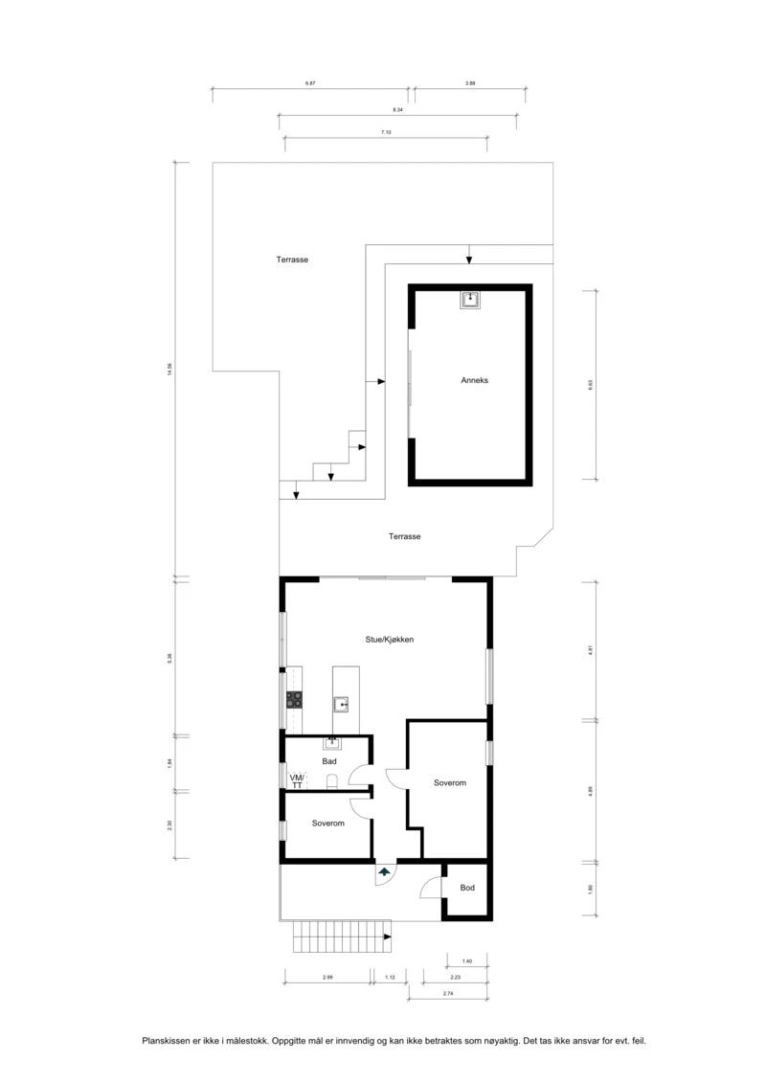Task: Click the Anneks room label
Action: (x=475, y=380)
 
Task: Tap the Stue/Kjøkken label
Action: (x=389, y=640)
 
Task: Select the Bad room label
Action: (x=329, y=761)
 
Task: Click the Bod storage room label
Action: (x=467, y=888)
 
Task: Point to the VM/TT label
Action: (x=297, y=779)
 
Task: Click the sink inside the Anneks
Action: (x=470, y=301)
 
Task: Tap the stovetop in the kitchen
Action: (x=295, y=700)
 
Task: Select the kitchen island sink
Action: (x=341, y=706)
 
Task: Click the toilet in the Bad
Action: (x=332, y=781)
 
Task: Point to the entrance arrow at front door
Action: (x=384, y=872)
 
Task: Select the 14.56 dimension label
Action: (x=169, y=369)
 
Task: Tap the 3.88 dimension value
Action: (x=470, y=84)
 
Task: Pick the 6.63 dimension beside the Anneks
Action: (x=591, y=384)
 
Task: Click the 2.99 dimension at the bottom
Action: (x=327, y=977)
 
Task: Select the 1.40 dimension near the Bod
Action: (x=467, y=960)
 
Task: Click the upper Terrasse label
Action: (x=292, y=259)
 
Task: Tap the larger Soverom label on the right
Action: (x=449, y=783)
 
